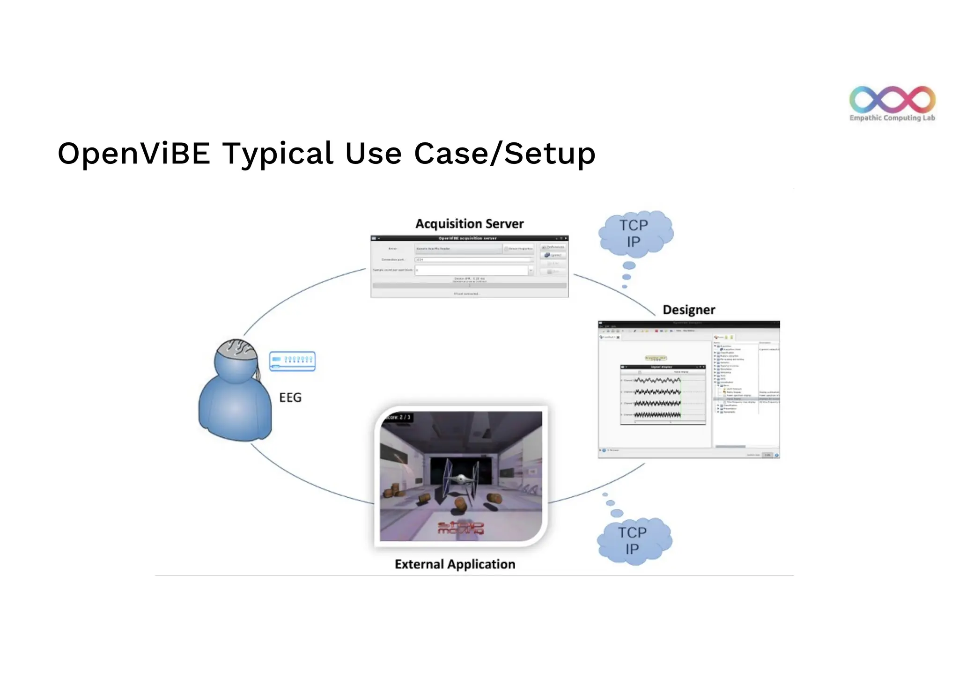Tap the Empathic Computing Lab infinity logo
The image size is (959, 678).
click(x=892, y=99)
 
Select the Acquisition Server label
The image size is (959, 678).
click(x=469, y=224)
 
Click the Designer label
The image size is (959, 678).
click(x=689, y=310)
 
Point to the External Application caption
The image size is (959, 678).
click(x=455, y=564)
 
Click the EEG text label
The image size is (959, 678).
click(x=290, y=398)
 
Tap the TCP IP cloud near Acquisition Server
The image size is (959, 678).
click(x=634, y=233)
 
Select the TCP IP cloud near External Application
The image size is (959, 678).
click(x=633, y=540)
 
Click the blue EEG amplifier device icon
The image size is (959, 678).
click(x=293, y=361)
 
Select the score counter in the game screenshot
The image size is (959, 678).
click(x=398, y=417)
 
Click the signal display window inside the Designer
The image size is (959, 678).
click(x=663, y=394)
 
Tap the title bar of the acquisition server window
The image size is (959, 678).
click(x=469, y=238)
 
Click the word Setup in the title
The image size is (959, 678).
click(x=550, y=154)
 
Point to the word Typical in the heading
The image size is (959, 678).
click(x=277, y=154)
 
